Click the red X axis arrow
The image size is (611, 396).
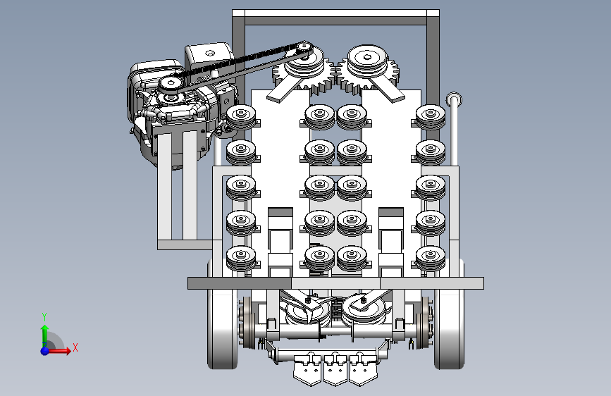click(x=58, y=351)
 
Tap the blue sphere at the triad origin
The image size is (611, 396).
click(x=45, y=351)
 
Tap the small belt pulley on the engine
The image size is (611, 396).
click(x=171, y=85)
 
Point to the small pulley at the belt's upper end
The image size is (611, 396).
click(x=304, y=49)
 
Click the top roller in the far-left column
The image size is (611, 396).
click(x=241, y=116)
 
